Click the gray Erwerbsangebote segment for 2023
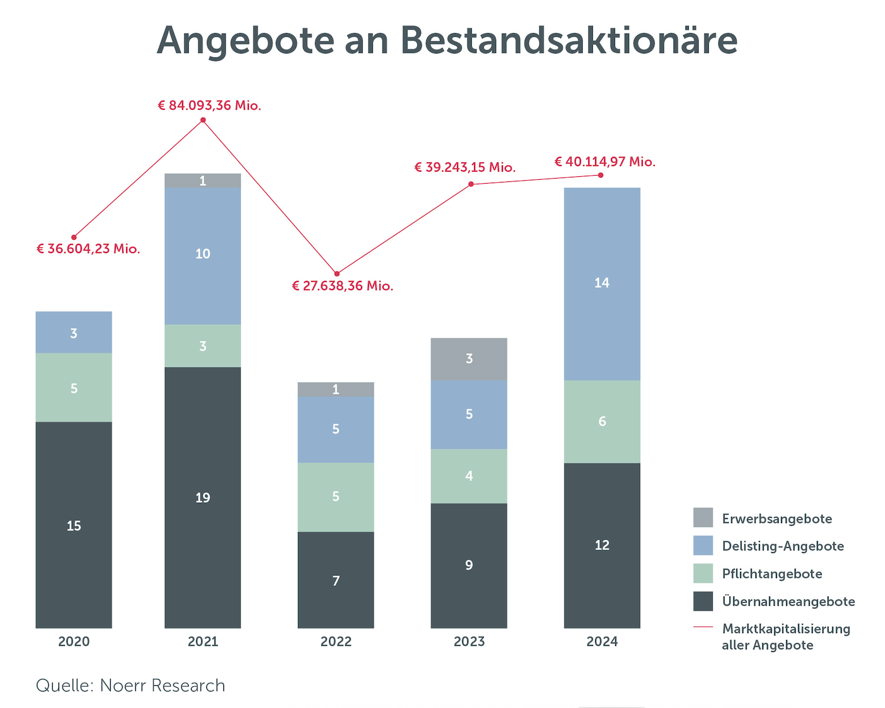tap(469, 359)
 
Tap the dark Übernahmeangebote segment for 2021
tap(203, 498)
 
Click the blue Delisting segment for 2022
tap(336, 429)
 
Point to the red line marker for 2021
tap(203, 120)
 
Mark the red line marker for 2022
tap(336, 274)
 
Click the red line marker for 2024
tap(601, 175)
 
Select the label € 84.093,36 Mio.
tap(210, 106)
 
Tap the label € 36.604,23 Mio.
tap(88, 249)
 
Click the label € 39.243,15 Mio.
tap(465, 168)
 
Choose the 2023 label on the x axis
tap(469, 642)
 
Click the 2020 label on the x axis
tap(74, 642)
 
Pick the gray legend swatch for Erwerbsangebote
tap(703, 518)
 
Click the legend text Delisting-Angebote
tap(783, 546)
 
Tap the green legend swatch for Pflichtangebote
tap(703, 573)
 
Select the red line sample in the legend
tap(703, 627)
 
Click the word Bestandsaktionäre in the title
tap(568, 41)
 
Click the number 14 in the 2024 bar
tap(602, 283)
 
